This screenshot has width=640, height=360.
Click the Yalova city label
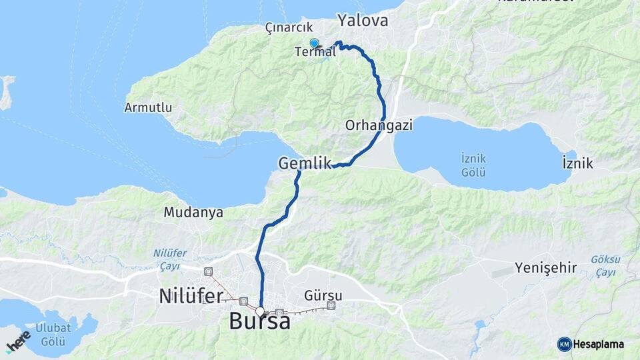[363, 21]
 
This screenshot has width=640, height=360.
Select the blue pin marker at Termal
[314, 43]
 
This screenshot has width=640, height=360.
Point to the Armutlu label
[148, 107]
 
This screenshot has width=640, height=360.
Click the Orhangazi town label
[379, 125]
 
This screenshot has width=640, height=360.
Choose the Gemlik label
[305, 163]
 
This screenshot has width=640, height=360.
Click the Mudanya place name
[193, 213]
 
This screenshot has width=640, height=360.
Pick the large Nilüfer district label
[189, 295]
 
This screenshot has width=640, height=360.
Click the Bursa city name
[259, 321]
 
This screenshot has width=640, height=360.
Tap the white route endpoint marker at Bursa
[260, 311]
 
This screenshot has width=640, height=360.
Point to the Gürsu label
[323, 295]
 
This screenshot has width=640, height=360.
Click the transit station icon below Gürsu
[331, 306]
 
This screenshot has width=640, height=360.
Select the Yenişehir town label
[545, 268]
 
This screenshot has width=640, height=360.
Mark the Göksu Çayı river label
[605, 265]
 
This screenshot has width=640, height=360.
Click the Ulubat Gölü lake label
[53, 335]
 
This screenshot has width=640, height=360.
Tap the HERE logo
[18, 341]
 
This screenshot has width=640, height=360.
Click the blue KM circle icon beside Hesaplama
[565, 344]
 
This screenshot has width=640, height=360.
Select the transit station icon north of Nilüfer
[209, 271]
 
